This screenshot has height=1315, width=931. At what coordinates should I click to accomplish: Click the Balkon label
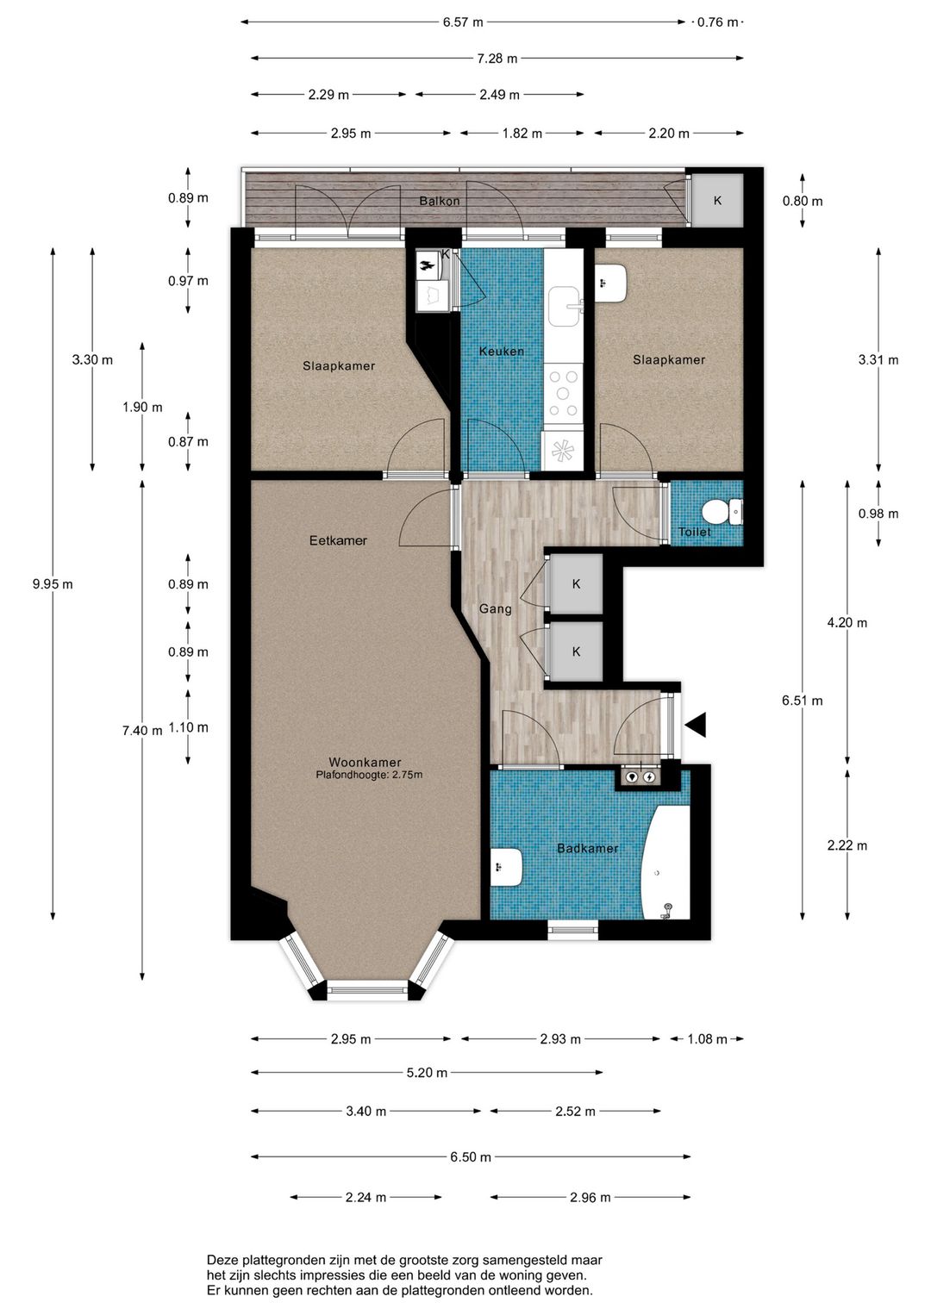[x=440, y=201]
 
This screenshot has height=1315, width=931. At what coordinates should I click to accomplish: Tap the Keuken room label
[x=501, y=352]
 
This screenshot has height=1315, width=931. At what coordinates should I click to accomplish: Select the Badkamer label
[x=587, y=848]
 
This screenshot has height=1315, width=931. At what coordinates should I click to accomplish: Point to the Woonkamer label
[x=365, y=762]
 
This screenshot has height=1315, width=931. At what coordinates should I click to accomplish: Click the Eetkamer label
[x=338, y=540]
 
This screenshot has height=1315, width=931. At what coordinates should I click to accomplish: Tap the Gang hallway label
[x=495, y=609]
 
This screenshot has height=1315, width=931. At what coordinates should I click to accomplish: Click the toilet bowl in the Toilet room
[x=722, y=512]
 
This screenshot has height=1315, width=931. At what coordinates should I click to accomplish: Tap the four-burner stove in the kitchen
[x=563, y=394]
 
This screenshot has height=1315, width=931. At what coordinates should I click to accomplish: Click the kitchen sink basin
[x=565, y=307]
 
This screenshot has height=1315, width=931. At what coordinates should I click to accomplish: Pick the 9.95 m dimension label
[x=53, y=584]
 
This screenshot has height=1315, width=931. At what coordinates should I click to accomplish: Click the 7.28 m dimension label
[x=497, y=58]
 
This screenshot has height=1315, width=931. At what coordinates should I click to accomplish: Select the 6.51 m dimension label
[x=803, y=701]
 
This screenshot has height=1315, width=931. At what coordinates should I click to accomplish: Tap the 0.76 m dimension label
[x=718, y=22]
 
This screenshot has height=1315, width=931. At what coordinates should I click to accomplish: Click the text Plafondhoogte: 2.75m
[x=370, y=775]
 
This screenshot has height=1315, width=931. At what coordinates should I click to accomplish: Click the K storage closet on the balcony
[x=717, y=200]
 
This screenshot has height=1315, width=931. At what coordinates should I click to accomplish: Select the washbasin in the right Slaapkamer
[x=611, y=283]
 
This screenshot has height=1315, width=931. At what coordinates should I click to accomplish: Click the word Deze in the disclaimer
[x=221, y=1260]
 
